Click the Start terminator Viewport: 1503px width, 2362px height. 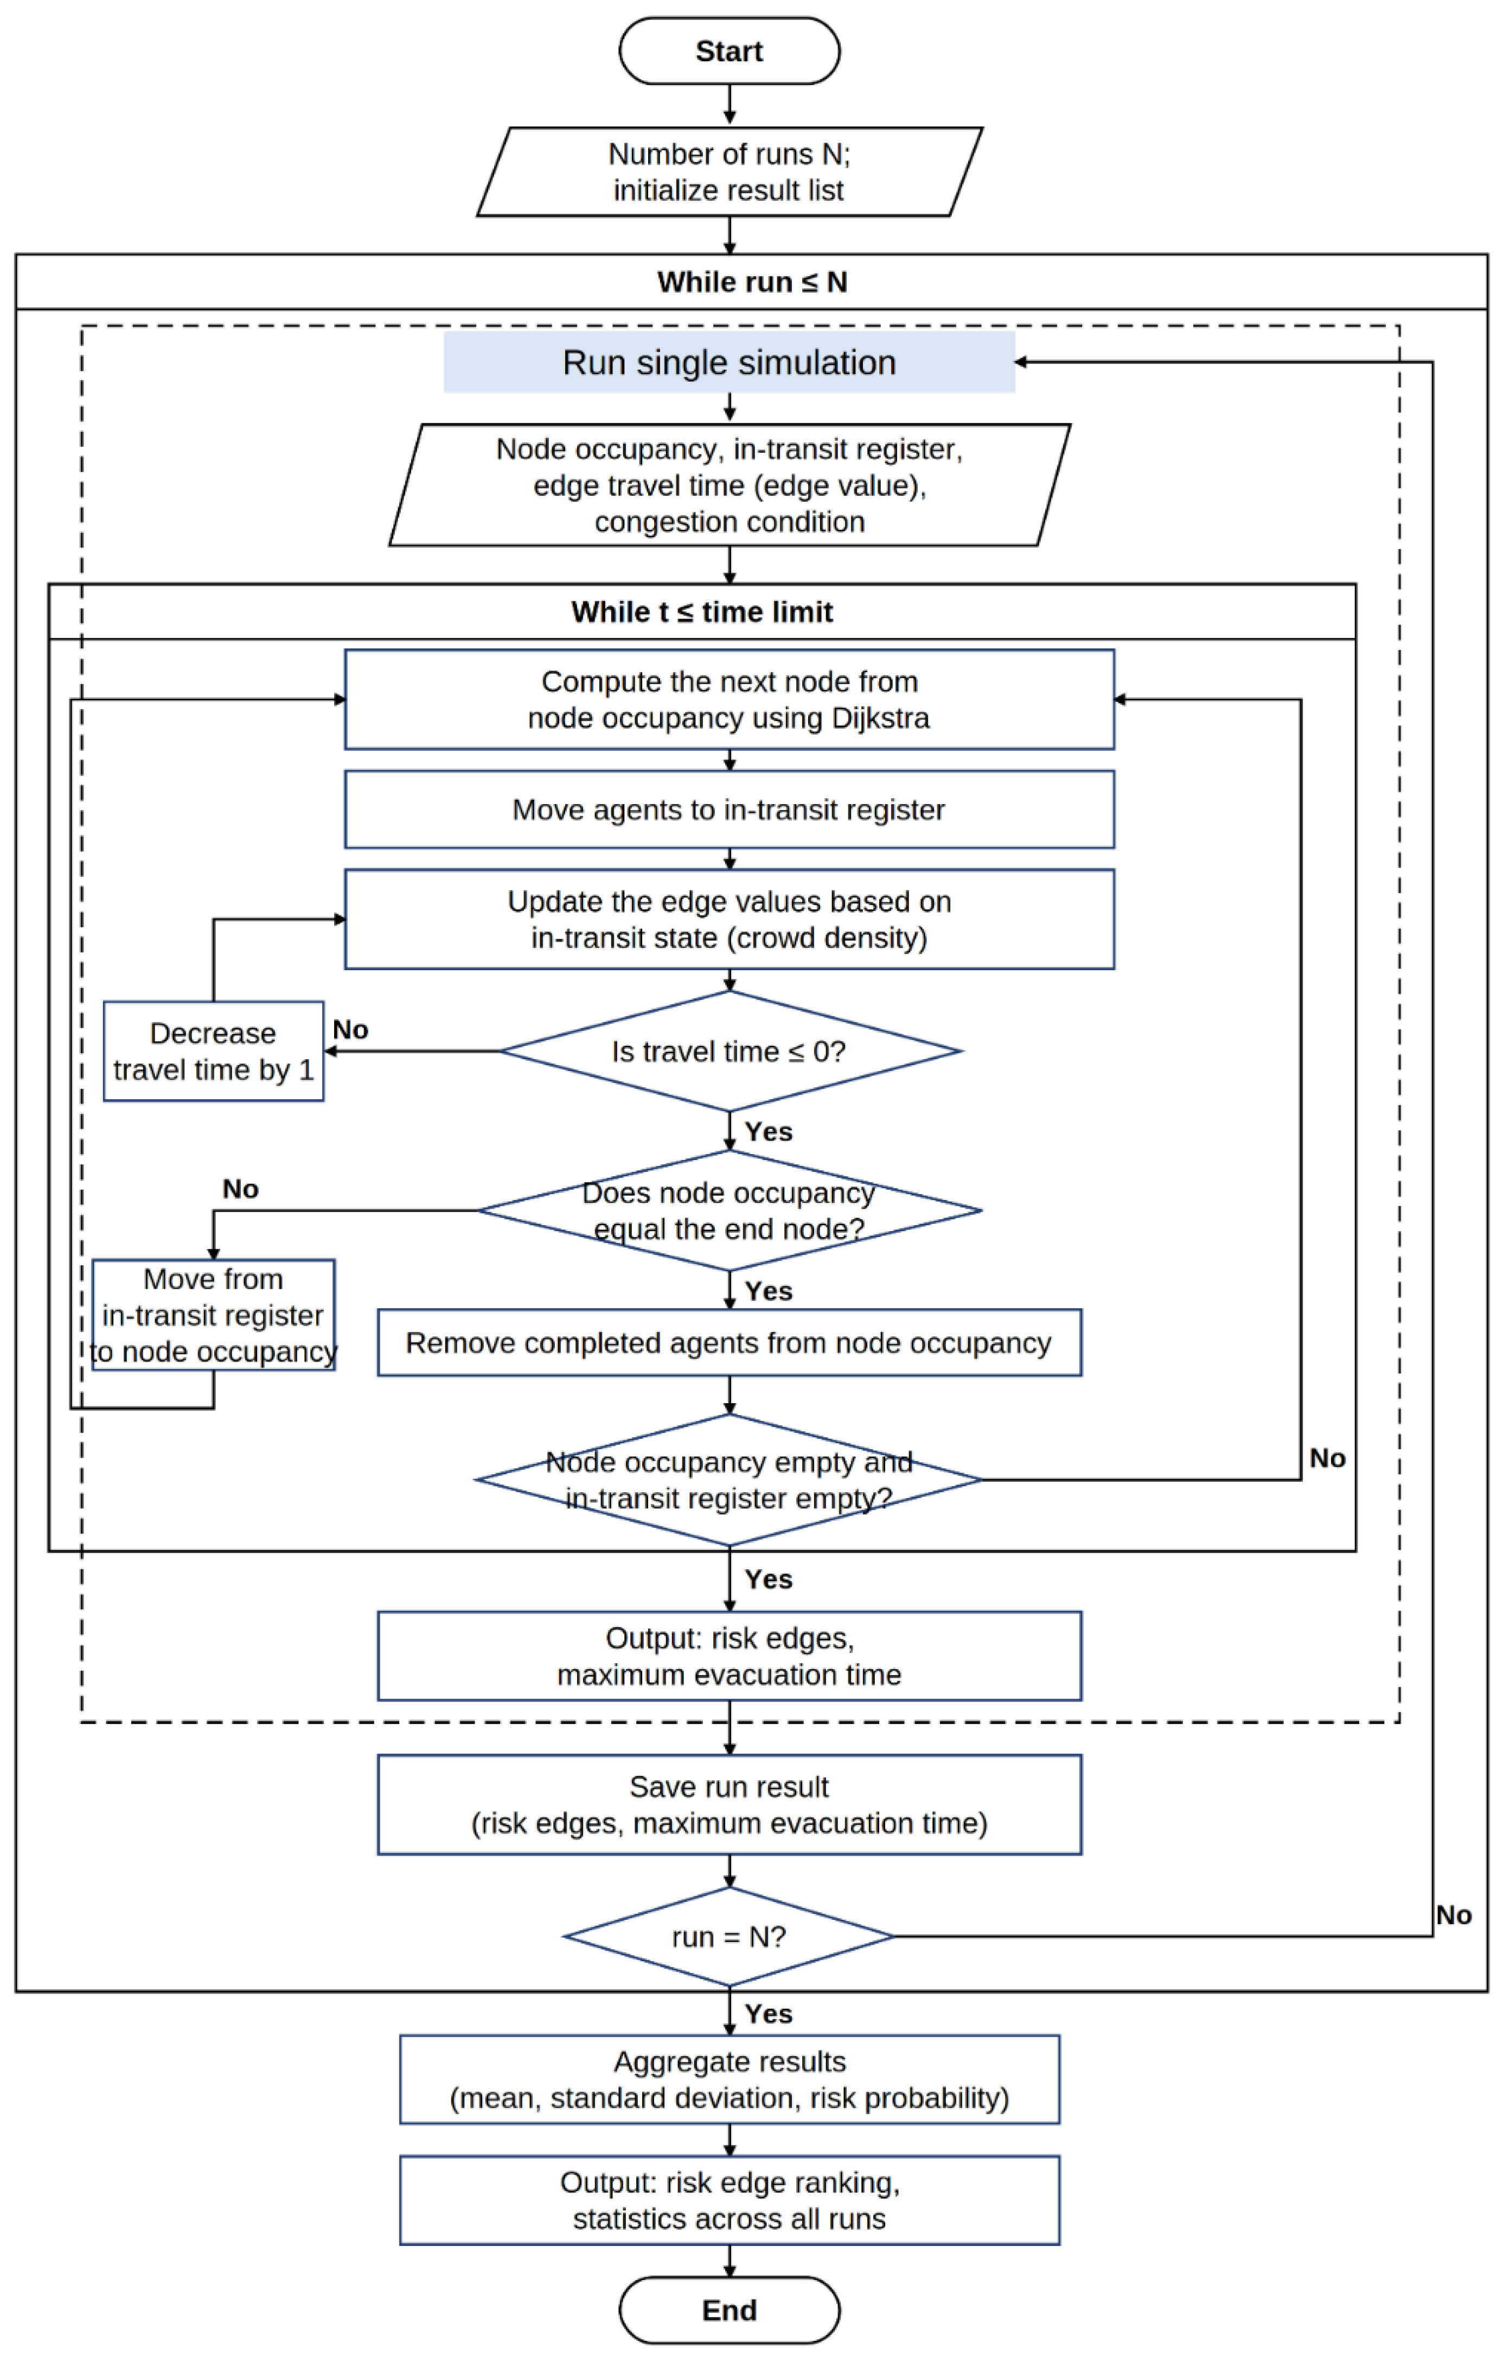[x=730, y=51]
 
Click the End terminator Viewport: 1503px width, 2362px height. [x=730, y=2310]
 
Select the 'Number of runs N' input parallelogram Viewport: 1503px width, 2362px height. [x=730, y=171]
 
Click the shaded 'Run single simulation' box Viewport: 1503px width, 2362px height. [x=730, y=362]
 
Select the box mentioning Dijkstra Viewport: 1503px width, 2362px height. [x=730, y=699]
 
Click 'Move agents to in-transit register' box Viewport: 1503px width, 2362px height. [x=730, y=809]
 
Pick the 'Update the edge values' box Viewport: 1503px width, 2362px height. [x=730, y=919]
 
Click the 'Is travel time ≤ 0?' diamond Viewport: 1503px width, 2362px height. [x=730, y=1052]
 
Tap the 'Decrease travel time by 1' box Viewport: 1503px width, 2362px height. [x=214, y=1052]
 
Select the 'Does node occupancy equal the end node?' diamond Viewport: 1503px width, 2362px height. [x=730, y=1211]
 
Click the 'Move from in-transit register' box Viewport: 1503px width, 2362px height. [x=214, y=1314]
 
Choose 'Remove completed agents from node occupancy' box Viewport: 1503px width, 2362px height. [x=730, y=1343]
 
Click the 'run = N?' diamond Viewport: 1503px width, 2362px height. [x=730, y=1937]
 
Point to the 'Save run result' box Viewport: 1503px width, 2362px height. [x=730, y=1805]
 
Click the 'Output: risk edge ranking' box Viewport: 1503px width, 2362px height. [x=730, y=2200]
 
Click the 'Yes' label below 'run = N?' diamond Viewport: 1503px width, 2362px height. [x=769, y=2014]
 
